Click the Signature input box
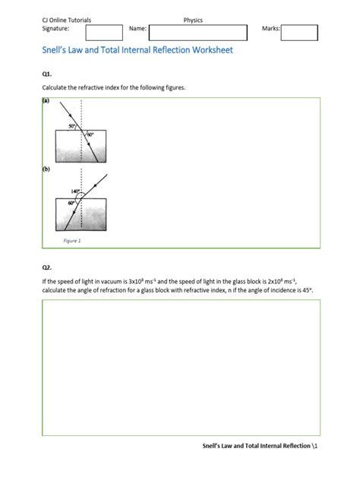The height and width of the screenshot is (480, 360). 104,32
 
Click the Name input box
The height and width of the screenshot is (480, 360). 197,32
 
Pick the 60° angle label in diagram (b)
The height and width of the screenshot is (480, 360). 72,204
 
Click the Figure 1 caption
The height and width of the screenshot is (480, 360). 71,240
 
